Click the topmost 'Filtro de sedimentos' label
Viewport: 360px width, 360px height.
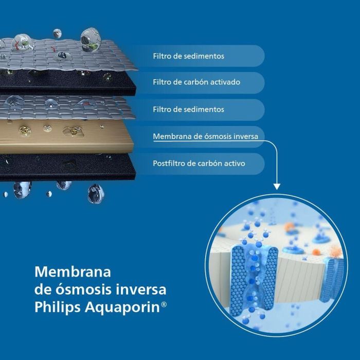coord(188,56)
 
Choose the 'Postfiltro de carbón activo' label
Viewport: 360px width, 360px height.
coord(199,164)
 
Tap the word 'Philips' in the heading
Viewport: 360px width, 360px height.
coord(55,308)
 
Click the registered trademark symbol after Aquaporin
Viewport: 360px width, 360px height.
coord(164,304)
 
